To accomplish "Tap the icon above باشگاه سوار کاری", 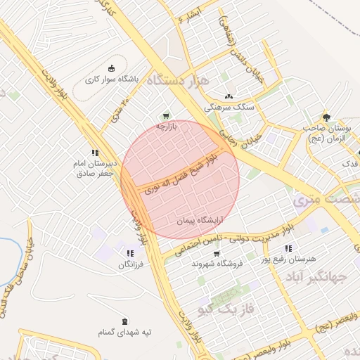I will (110, 68).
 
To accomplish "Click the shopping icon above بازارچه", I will (166, 116).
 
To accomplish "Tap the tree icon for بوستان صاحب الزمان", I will (326, 117).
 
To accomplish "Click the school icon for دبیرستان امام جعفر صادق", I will (95, 153).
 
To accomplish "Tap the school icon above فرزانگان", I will (130, 253).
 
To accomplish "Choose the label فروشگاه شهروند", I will (217, 264).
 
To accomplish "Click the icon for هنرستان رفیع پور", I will (288, 248).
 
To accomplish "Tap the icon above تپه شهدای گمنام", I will (125, 321).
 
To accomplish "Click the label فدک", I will (349, 163).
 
